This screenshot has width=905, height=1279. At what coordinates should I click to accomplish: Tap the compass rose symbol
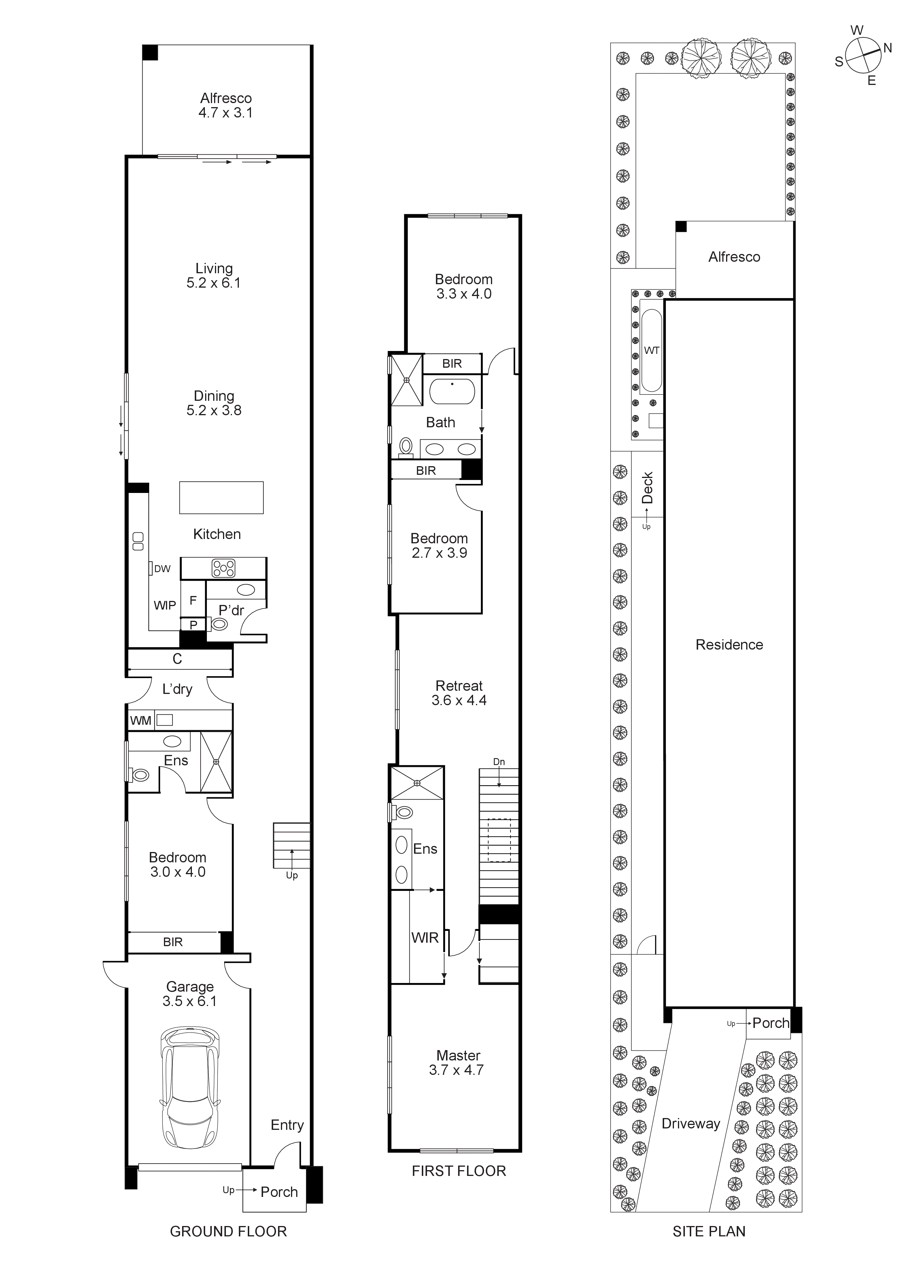coord(863,56)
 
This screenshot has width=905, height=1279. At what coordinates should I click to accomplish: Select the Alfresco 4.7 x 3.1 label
coord(226,105)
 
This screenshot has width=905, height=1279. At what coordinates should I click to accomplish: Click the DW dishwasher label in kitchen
coord(162,569)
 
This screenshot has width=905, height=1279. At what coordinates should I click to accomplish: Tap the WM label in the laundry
coord(140,720)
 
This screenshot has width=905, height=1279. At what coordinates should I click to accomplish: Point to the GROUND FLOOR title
coord(228,1231)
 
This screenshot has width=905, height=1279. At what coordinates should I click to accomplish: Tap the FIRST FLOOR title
coord(459,1171)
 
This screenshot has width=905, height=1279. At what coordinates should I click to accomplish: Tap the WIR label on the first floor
coord(425,938)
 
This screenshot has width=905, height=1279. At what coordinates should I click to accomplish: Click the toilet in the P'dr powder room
coord(220,625)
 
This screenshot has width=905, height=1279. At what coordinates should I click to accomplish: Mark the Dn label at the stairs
coord(499,762)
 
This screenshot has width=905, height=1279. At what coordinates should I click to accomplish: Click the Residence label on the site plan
coord(729,644)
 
